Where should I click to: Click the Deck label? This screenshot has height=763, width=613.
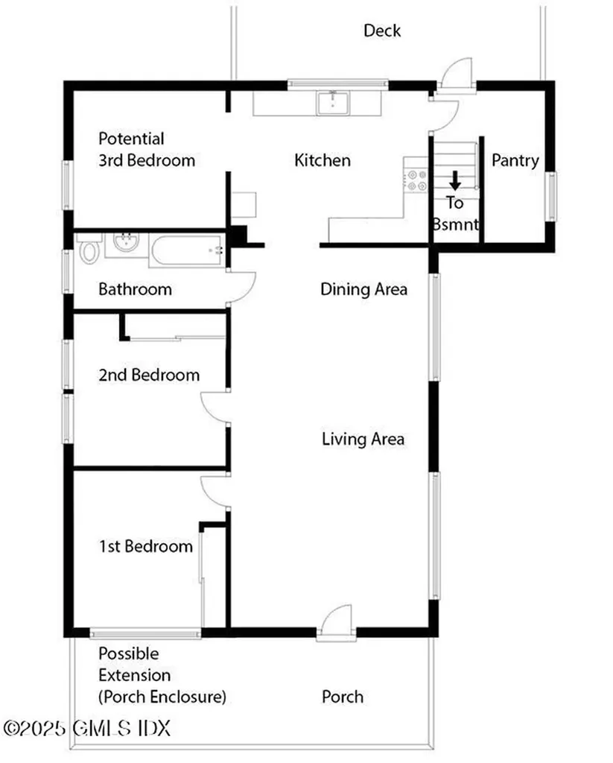[x=382, y=31]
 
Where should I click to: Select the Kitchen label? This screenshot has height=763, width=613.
[x=322, y=160]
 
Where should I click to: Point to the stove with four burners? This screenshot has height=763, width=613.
[x=416, y=180]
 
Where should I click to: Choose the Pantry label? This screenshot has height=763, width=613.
[x=515, y=160]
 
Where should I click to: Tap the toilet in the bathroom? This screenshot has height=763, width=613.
[x=89, y=251]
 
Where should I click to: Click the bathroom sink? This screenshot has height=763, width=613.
[x=124, y=244]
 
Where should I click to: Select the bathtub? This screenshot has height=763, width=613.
[x=188, y=250]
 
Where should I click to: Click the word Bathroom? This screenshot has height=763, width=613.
[x=135, y=289]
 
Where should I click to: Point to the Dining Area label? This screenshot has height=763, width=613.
[x=363, y=289]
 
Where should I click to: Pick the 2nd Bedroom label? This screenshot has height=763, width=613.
[x=149, y=375]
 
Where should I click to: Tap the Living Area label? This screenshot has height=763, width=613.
[x=363, y=439]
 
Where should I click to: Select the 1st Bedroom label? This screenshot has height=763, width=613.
[x=145, y=547]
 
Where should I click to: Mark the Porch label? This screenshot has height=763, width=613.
[x=343, y=697]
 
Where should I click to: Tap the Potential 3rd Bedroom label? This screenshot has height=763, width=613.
[x=147, y=149]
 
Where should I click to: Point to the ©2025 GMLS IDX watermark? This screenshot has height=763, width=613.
[x=87, y=727]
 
